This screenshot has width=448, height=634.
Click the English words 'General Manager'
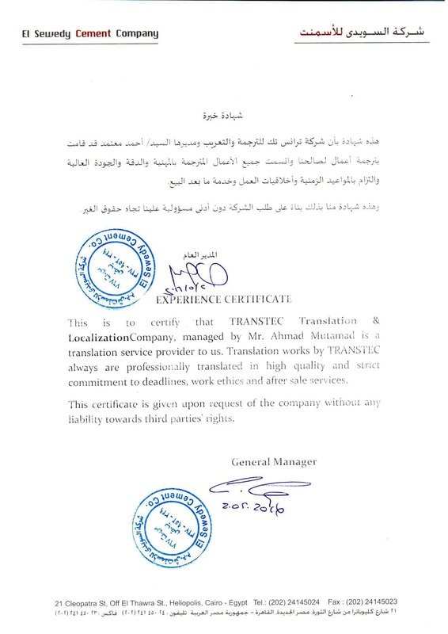point(274,461)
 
